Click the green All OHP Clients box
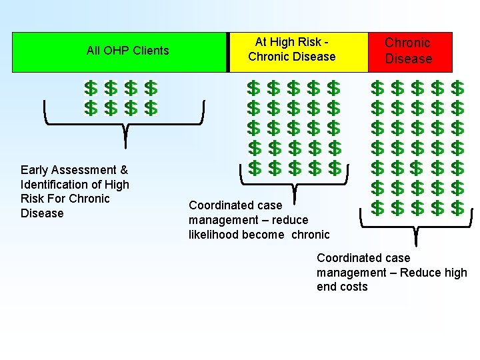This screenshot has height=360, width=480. (120, 51)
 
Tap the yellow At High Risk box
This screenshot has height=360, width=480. (298, 51)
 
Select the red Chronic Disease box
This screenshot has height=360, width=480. (410, 51)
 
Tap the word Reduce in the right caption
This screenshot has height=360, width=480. (418, 273)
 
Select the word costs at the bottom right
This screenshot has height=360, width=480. (353, 287)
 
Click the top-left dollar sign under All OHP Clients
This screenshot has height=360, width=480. (91, 88)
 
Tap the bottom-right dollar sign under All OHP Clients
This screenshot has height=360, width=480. (151, 107)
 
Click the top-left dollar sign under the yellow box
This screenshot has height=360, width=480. (254, 88)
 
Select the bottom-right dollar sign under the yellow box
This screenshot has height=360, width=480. (335, 168)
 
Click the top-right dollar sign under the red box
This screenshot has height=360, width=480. (457, 88)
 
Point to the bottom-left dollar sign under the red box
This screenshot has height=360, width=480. (377, 208)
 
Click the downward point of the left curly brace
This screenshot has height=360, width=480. (125, 144)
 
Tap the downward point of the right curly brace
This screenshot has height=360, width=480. (416, 245)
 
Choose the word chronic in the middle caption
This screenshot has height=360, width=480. (310, 235)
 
